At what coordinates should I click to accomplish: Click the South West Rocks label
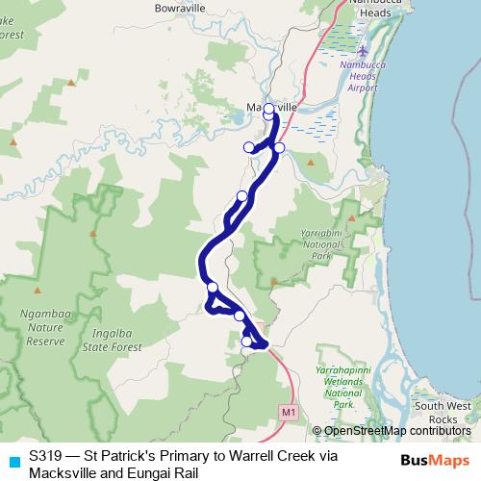point(442,412)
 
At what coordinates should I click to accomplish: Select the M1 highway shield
point(289,412)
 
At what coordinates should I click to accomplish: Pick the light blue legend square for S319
point(13,461)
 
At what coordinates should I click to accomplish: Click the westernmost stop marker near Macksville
point(248,146)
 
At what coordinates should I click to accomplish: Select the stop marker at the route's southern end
point(246,342)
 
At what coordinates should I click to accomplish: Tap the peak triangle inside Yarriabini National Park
point(274,282)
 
